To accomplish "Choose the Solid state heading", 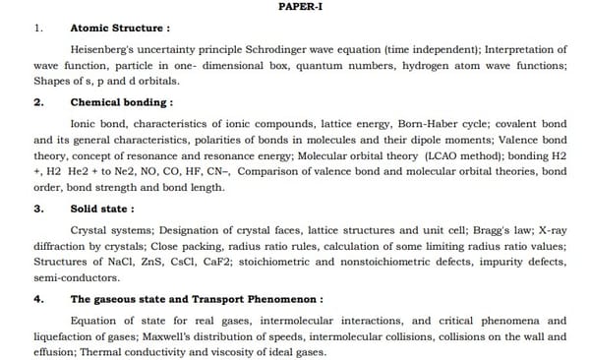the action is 102,209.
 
